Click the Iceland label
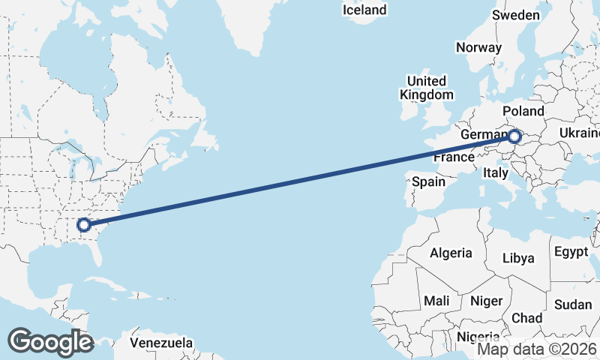(364, 10)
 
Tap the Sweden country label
(515, 16)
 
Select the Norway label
(478, 47)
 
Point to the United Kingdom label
(426, 88)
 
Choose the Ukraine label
(579, 133)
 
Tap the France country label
(454, 157)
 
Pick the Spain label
(428, 181)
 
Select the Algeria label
(451, 253)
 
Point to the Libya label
(518, 258)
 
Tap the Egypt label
(571, 252)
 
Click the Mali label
(436, 301)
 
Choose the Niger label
(486, 301)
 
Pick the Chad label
(526, 318)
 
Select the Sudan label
(573, 304)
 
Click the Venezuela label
(160, 343)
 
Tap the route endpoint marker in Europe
(514, 136)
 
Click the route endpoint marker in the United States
(84, 223)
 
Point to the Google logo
(50, 341)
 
